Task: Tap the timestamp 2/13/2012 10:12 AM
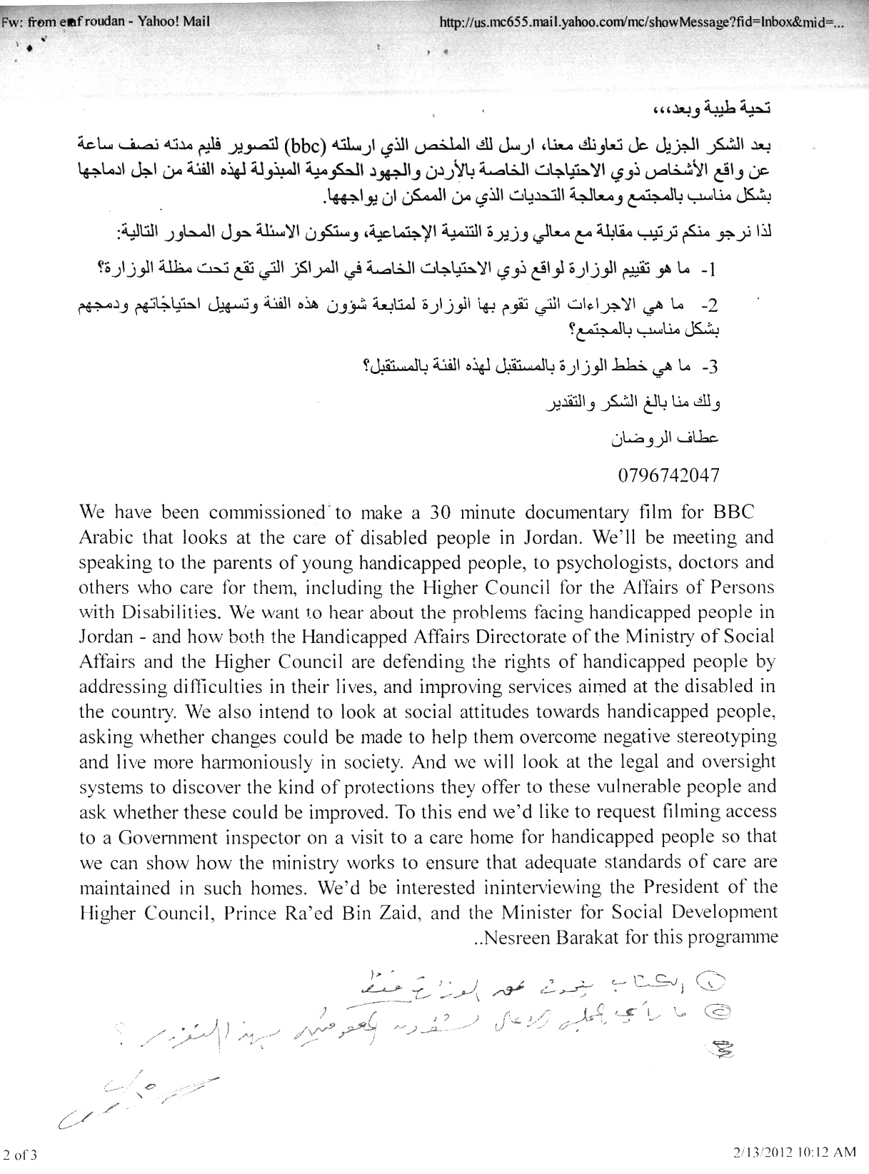[793, 1151]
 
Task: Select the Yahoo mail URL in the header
[643, 22]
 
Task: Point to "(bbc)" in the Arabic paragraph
[306, 148]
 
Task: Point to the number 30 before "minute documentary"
[438, 513]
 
